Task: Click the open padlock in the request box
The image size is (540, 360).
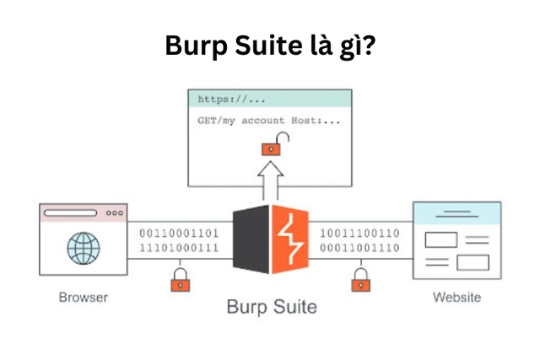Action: [x=270, y=148]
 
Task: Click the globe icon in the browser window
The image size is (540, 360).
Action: [x=83, y=250]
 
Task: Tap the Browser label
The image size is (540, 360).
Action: [x=83, y=298]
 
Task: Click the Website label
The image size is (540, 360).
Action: [x=456, y=298]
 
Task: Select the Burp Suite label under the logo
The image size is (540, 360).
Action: [x=271, y=305]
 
